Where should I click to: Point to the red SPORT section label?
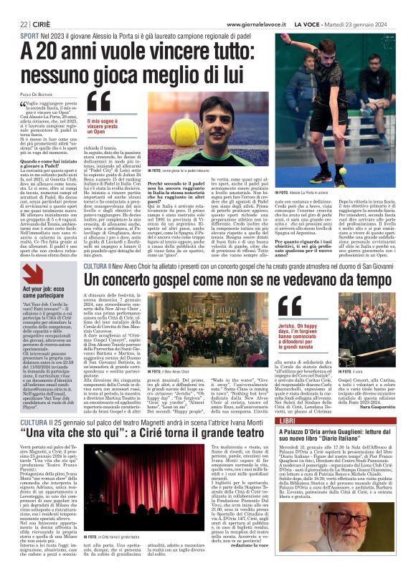point(29,34)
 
